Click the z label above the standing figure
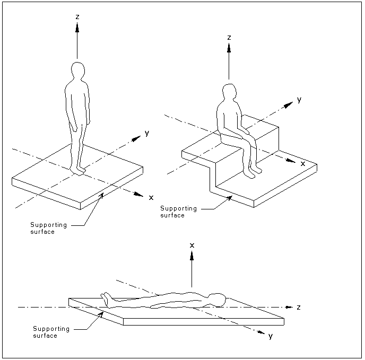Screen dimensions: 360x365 [x=77, y=17]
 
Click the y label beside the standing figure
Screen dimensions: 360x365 [x=146, y=133]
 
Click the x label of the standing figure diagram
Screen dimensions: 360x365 [x=151, y=197]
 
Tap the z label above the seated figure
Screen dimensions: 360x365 [x=229, y=38]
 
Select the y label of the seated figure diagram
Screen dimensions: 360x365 [x=299, y=100]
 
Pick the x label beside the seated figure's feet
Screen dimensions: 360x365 [x=303, y=164]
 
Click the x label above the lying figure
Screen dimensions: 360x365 [x=192, y=245]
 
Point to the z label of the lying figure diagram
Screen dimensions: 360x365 [x=299, y=307]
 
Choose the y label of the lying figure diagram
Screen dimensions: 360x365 [x=270, y=336]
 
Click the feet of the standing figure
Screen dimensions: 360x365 [x=79, y=171]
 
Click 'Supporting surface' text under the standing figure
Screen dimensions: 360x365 [x=49, y=228]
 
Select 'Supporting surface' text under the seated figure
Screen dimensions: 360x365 [x=178, y=212]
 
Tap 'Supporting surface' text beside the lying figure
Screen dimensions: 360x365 [x=51, y=332]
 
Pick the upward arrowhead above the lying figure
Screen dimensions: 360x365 [x=192, y=256]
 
